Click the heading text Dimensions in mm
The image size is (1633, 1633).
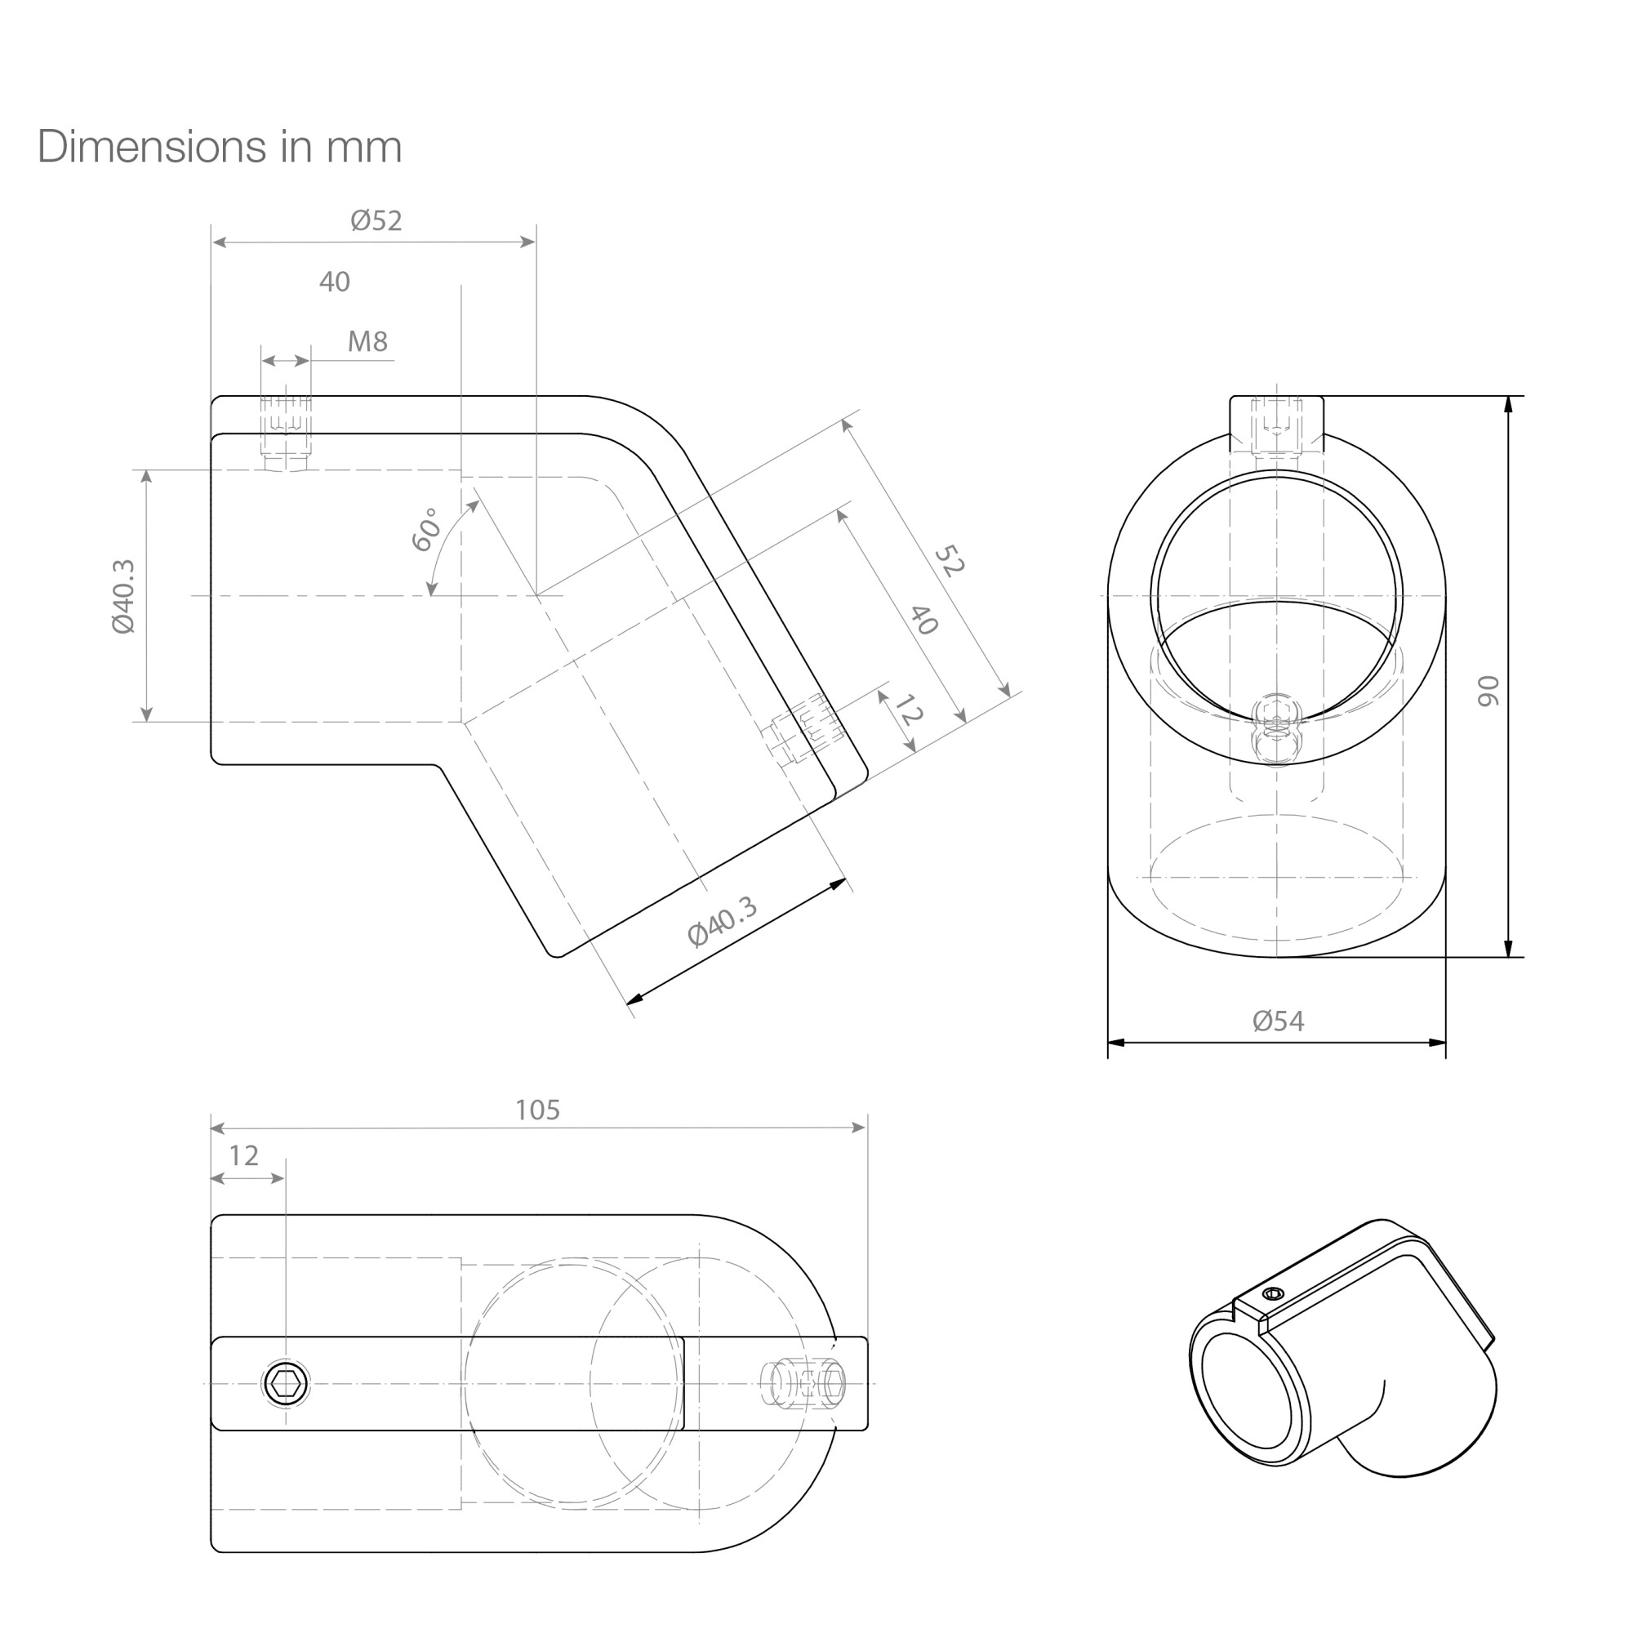click(x=220, y=147)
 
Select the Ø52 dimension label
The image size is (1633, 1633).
click(x=376, y=220)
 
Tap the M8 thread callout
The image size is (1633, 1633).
click(x=367, y=341)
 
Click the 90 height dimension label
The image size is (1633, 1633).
click(x=1488, y=691)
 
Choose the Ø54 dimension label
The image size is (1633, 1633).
click(x=1278, y=1021)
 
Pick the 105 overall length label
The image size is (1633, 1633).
click(x=537, y=1110)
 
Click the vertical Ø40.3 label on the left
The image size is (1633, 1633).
click(x=122, y=596)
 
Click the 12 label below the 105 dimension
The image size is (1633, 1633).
click(x=243, y=1156)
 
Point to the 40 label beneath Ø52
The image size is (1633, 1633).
click(x=335, y=282)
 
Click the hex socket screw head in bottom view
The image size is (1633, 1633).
click(x=286, y=1385)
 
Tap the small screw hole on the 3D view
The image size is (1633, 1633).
click(x=1272, y=1293)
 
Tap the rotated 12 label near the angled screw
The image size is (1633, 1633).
click(x=906, y=710)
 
